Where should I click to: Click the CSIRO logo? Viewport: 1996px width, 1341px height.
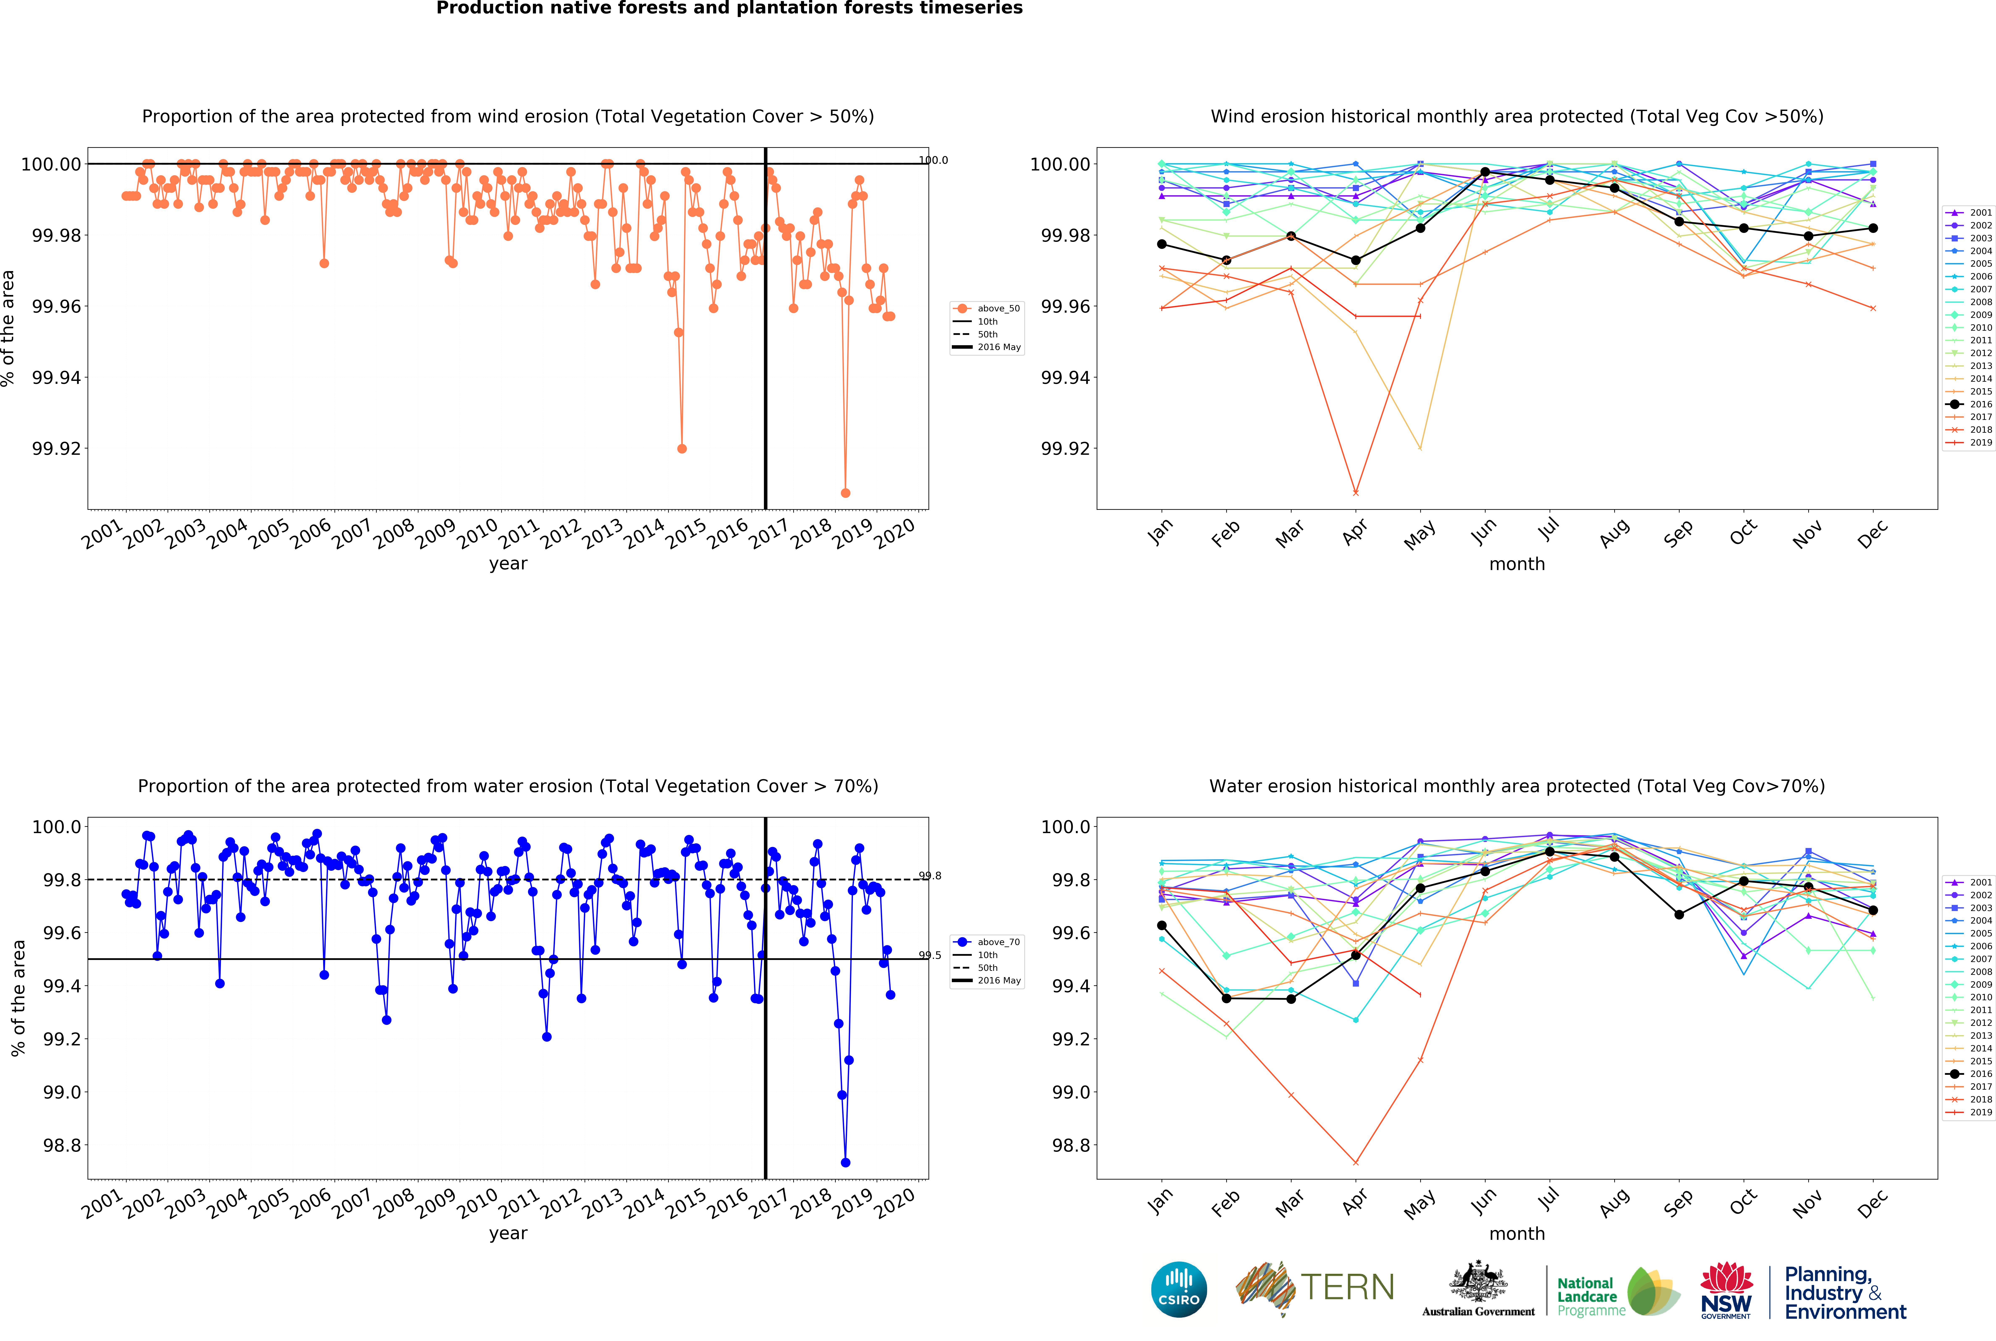pyautogui.click(x=1178, y=1289)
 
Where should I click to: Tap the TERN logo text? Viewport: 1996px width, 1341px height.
pyautogui.click(x=1347, y=1287)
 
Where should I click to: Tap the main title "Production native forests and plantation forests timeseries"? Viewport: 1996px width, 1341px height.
pyautogui.click(x=729, y=9)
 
